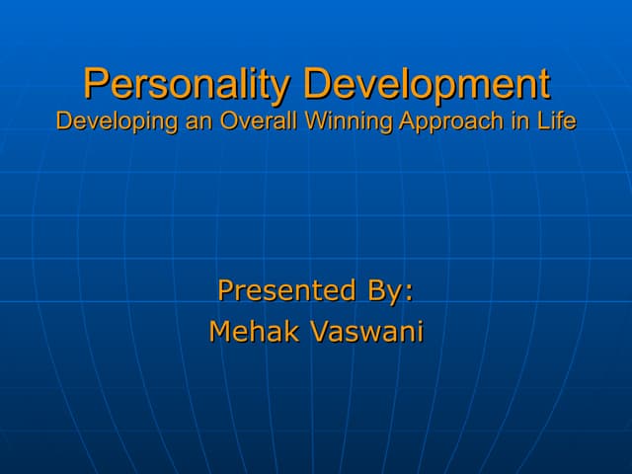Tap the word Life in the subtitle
coord(557,121)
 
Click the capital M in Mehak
coord(220,332)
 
